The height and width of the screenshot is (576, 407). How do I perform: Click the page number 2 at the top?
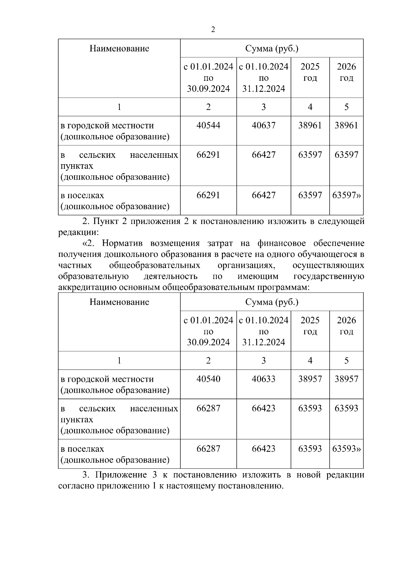click(213, 30)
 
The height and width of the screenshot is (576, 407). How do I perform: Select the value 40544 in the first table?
click(208, 126)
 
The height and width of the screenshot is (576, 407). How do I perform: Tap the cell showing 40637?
click(264, 126)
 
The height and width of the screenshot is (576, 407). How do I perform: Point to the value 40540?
click(208, 379)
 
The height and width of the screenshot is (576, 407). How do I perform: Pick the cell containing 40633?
click(264, 379)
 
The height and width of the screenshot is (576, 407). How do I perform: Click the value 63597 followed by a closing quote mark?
click(346, 196)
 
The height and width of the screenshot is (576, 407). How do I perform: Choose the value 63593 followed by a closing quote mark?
click(346, 449)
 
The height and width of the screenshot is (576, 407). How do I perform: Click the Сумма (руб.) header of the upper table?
click(272, 49)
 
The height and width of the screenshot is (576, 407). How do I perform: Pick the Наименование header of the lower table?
click(119, 302)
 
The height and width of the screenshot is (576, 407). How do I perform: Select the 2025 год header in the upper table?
click(310, 72)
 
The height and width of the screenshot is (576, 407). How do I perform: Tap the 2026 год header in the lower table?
click(346, 326)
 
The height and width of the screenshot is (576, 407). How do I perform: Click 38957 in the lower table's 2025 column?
click(310, 379)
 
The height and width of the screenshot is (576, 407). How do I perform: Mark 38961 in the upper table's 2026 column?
click(346, 126)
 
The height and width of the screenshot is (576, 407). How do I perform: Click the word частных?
click(75, 265)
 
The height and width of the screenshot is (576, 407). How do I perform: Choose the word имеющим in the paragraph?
click(258, 276)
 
